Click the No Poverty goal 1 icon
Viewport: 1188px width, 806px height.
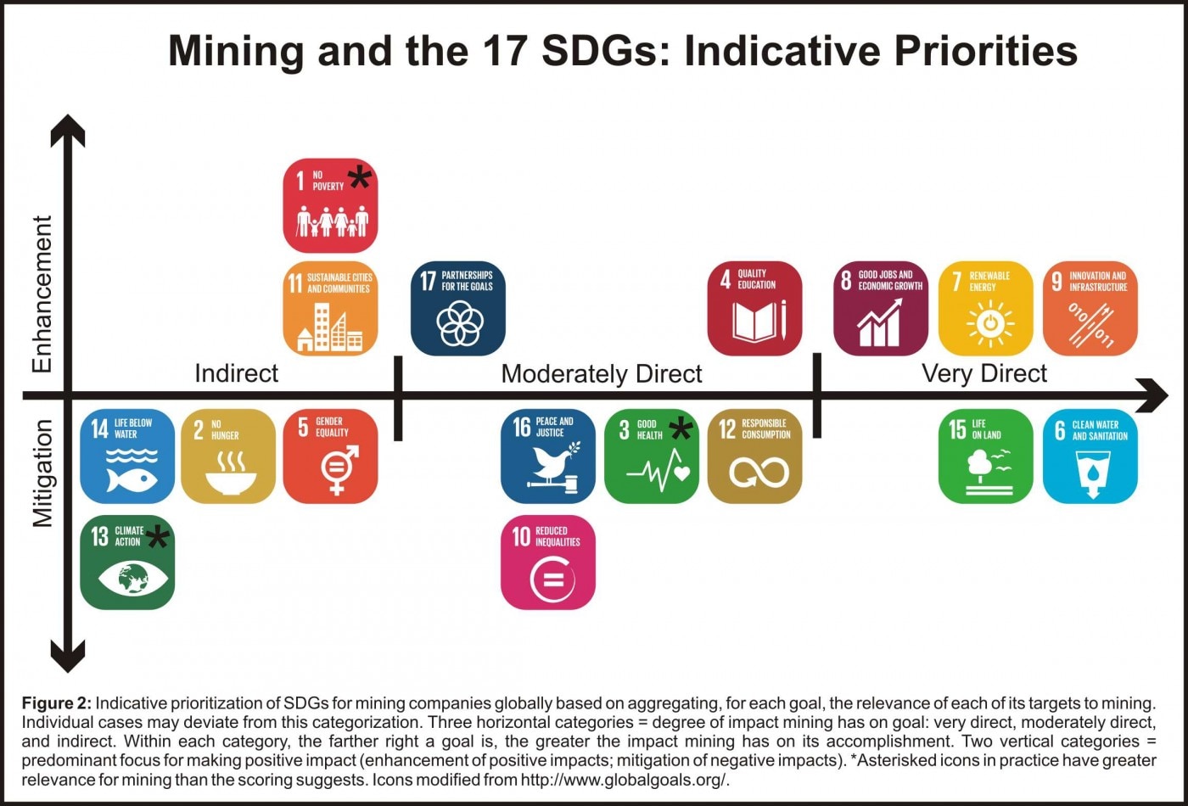(330, 206)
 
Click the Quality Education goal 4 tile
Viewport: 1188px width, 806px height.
(754, 307)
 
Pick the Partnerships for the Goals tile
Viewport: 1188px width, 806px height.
(458, 307)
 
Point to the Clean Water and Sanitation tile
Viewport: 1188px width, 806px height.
(1090, 456)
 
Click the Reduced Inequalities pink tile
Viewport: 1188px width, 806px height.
(548, 562)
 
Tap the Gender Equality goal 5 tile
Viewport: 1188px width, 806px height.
(330, 456)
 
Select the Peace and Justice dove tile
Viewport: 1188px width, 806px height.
(548, 456)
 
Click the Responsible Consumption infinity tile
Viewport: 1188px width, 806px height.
(754, 456)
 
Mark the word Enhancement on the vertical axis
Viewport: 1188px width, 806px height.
(42, 294)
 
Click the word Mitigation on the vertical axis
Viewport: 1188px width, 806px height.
(42, 473)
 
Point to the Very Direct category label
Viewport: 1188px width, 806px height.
(984, 373)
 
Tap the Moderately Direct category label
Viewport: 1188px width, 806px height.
(602, 373)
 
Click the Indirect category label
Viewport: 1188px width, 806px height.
(237, 373)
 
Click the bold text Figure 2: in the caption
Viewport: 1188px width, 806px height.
(56, 703)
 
